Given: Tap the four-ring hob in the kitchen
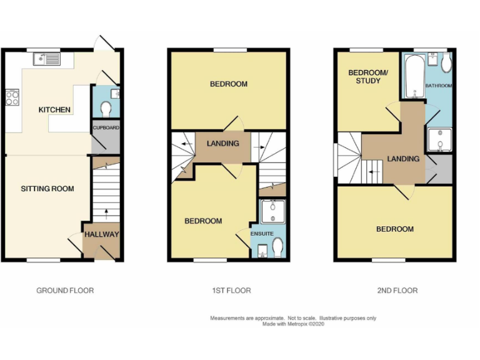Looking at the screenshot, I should [12, 97].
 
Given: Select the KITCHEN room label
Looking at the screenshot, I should [54, 110].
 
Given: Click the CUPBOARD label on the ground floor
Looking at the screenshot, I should [106, 127].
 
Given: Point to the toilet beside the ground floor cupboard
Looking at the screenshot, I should [106, 109].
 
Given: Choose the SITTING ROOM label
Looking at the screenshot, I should [47, 189].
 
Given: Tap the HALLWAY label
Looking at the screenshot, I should [101, 234].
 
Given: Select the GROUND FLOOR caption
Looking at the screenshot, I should [65, 291].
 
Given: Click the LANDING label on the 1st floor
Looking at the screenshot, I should [223, 144].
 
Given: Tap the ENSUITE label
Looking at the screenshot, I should [262, 234].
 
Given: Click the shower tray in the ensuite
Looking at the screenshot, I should [272, 211].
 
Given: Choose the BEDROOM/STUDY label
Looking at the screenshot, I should [368, 77].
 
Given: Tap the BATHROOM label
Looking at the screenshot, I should [439, 85].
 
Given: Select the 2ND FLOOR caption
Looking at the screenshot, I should [397, 291].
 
